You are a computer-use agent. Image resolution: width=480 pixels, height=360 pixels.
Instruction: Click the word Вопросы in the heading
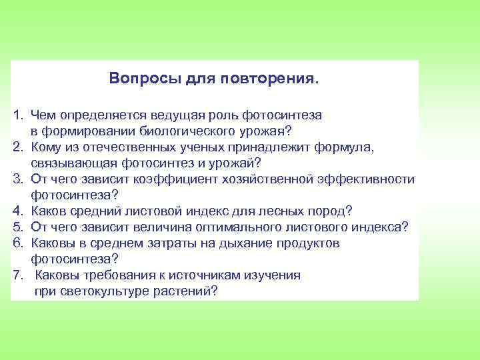[x=135, y=79]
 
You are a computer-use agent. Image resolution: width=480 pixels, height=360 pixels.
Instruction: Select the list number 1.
[x=17, y=115]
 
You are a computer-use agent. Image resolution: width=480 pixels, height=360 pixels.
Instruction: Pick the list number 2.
[x=17, y=147]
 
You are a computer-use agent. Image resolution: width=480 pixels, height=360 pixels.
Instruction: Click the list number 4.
[x=17, y=211]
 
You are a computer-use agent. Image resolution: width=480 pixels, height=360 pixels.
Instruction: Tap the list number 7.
[x=17, y=275]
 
